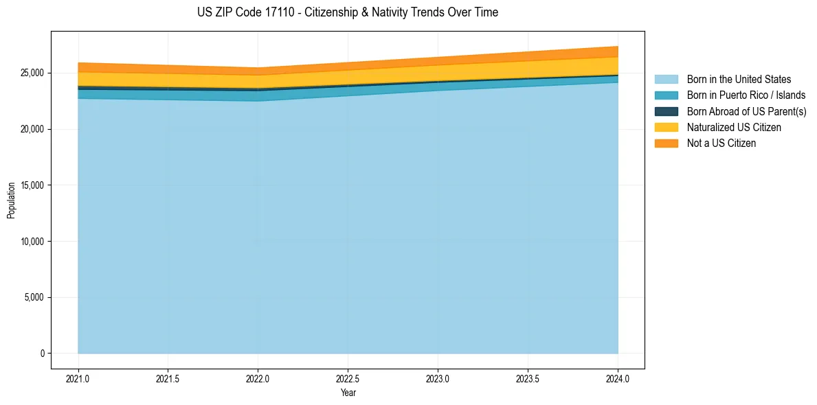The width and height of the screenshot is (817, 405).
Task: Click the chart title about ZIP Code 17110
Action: click(x=348, y=12)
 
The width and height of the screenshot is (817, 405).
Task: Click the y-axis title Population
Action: click(x=11, y=200)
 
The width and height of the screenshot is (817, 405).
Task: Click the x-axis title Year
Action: click(x=348, y=393)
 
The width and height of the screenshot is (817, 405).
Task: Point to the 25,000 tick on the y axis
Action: click(x=32, y=73)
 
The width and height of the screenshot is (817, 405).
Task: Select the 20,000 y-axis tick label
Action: click(x=32, y=129)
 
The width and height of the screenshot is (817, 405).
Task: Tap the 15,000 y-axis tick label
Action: click(x=32, y=185)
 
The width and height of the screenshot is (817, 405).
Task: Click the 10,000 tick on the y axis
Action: click(x=32, y=242)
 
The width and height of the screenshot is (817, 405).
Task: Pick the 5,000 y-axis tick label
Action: click(x=34, y=297)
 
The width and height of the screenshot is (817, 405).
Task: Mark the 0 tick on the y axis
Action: click(x=41, y=354)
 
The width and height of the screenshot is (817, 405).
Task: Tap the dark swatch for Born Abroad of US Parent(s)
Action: click(x=666, y=111)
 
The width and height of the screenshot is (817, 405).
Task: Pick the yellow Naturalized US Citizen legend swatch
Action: click(x=666, y=128)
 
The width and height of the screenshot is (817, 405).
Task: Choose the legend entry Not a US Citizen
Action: click(x=721, y=143)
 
